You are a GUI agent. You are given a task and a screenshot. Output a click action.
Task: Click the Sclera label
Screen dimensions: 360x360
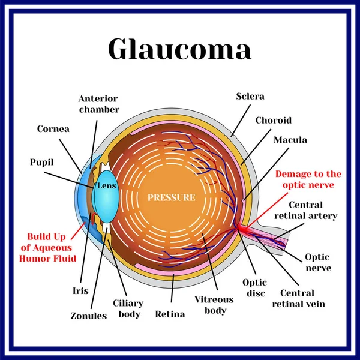coord(250,96)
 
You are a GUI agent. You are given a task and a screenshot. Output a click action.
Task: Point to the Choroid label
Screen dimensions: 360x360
coord(274,120)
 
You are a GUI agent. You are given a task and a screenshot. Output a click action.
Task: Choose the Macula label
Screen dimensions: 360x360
coord(290,140)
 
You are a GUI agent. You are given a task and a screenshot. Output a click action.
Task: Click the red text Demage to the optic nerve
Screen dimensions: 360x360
coord(308,179)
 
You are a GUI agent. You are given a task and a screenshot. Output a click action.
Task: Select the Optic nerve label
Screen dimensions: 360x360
coord(317,262)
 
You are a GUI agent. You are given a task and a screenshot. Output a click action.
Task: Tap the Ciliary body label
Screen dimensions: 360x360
coord(127,308)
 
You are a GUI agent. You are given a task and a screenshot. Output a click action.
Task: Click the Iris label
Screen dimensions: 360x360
coord(80,291)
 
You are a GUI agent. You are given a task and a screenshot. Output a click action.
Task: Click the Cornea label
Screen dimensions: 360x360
coord(53,128)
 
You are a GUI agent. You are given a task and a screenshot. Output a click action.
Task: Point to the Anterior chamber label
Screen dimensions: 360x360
coord(98,104)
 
